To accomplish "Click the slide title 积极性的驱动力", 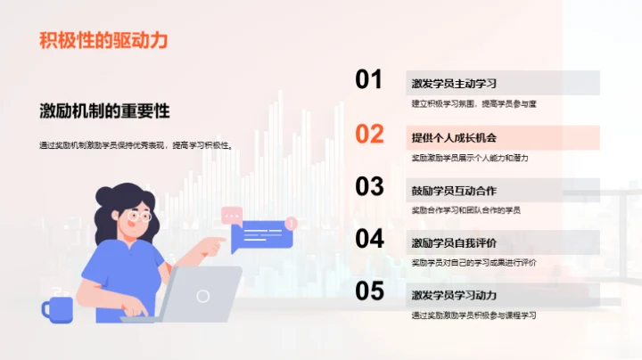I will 103,40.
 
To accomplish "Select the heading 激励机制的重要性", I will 104,111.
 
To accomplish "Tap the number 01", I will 369,80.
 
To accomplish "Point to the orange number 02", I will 369,134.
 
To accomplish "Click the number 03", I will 369,186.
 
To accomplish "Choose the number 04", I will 369,239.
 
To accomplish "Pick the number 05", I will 369,290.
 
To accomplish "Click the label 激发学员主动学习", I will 454,84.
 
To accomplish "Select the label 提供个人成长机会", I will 454,137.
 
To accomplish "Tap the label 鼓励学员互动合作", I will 454,191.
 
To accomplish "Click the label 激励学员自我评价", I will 454,243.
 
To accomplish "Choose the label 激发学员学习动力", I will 454,295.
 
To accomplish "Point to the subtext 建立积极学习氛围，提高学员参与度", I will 473,104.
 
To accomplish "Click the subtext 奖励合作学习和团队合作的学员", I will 465,210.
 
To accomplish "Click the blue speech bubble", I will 261,235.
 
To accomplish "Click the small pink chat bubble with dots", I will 232,215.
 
